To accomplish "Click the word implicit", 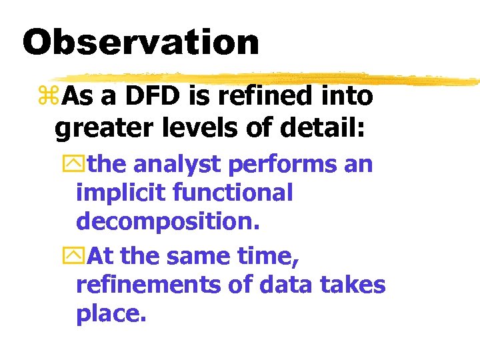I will [121, 193].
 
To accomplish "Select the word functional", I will [233, 193].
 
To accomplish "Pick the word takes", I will [353, 285].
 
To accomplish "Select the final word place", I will [111, 314].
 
